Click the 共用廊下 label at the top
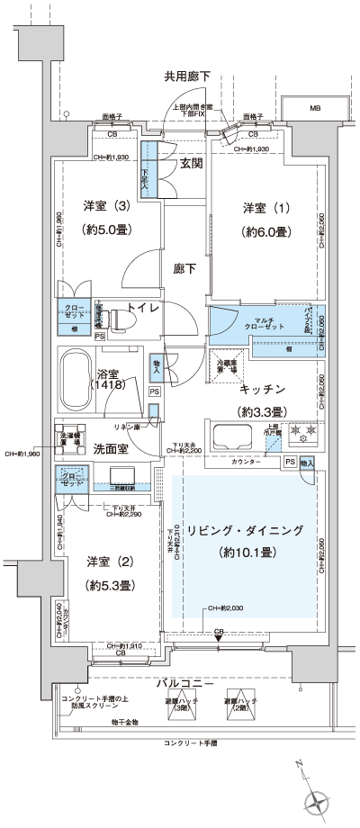(x=186, y=76)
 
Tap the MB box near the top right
(x=315, y=108)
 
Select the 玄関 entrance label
(x=191, y=163)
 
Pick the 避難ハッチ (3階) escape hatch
(x=177, y=708)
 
